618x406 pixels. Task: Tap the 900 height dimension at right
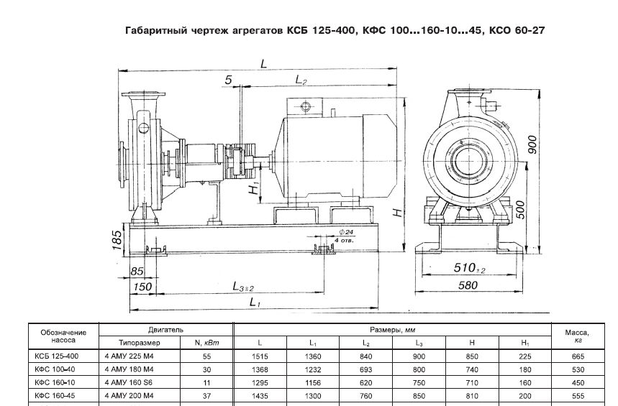533,146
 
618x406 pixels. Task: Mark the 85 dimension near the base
138,272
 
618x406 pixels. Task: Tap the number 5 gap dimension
228,80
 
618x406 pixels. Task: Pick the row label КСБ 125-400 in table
57,356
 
